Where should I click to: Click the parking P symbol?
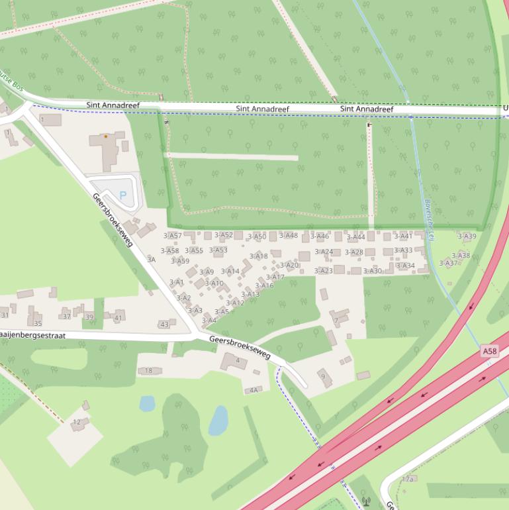122,195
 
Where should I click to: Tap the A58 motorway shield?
489,351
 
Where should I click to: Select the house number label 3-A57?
172,235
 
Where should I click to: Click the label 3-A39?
467,236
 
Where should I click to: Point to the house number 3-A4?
208,321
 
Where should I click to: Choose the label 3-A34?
405,266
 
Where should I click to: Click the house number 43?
164,325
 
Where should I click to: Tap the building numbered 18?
149,371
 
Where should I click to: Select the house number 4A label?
253,390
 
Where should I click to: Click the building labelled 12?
77,422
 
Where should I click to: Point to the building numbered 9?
324,377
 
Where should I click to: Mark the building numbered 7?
336,321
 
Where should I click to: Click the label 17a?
408,479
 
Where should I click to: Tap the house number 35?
38,323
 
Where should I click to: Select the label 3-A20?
289,266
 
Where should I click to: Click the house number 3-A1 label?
176,282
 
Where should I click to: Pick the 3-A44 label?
355,236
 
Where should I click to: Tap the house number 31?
5,315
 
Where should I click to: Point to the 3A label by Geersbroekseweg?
151,260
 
